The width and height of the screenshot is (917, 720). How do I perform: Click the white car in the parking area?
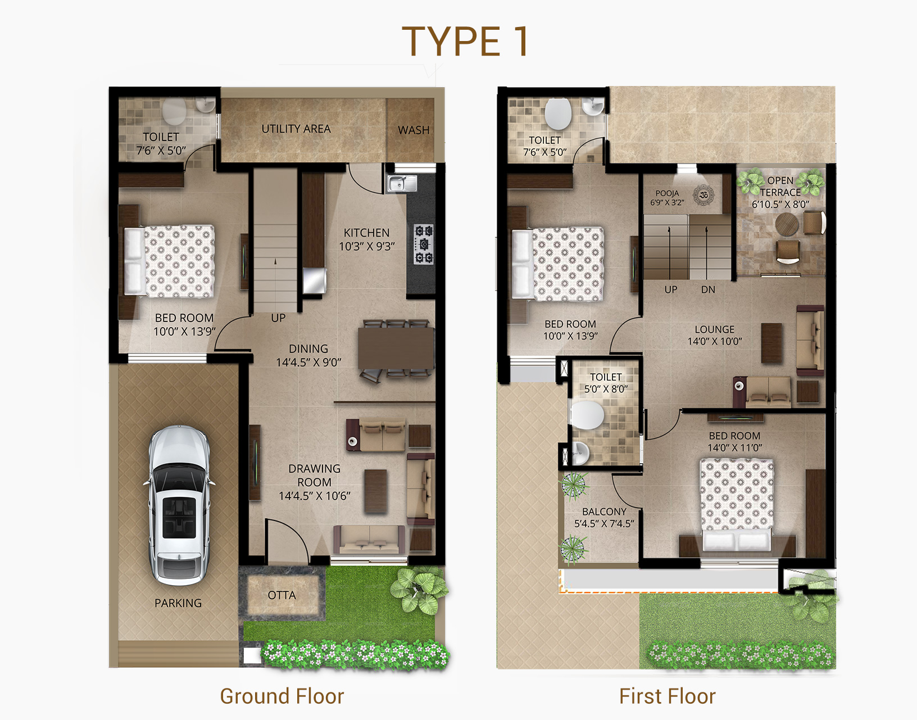[x=179, y=505]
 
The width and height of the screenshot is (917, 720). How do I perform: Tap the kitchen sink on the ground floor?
[x=402, y=184]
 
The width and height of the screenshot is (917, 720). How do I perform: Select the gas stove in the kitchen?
[x=424, y=244]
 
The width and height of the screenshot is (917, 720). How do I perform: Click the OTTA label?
[x=282, y=595]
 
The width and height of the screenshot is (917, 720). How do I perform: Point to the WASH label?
[x=414, y=130]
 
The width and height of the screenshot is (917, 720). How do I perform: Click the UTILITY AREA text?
[x=296, y=129]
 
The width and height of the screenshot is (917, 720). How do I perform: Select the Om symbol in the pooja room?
[x=703, y=196]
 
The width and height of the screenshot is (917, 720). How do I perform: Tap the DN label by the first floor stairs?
[x=708, y=289]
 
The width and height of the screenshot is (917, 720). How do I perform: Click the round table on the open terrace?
[x=787, y=224]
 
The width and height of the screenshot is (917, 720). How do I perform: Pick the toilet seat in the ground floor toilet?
[x=174, y=111]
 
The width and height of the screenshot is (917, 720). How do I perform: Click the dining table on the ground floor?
[x=396, y=348]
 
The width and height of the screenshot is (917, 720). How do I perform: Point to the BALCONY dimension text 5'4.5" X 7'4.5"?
[x=604, y=524]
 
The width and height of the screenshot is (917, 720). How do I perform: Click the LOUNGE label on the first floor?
[x=715, y=329]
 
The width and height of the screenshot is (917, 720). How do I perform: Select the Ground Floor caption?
[x=282, y=696]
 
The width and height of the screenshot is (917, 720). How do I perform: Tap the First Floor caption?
[x=667, y=696]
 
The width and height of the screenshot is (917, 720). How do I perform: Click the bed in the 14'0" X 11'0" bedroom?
[x=737, y=504]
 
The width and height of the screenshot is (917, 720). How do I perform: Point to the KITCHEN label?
[x=366, y=233]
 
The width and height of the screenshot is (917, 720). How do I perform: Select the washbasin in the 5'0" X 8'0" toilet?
[x=580, y=453]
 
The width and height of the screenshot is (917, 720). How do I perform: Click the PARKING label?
[x=178, y=603]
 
